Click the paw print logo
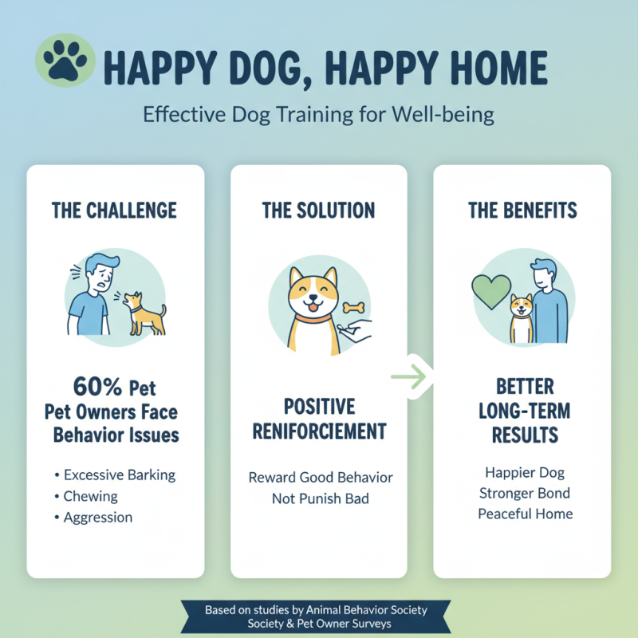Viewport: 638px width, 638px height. (x=65, y=61)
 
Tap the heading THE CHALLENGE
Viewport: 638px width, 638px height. (x=114, y=211)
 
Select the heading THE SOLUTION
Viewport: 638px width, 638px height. (x=318, y=211)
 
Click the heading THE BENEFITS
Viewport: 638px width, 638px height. (x=522, y=211)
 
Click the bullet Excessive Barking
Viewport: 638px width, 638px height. (x=119, y=475)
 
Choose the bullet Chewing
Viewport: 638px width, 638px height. (x=90, y=496)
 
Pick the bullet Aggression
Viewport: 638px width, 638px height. (x=98, y=517)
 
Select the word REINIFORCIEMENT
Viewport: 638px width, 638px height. (x=319, y=431)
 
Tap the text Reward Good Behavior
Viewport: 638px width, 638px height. (x=320, y=478)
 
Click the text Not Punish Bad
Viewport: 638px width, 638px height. (x=319, y=499)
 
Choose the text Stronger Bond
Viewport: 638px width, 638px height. (x=525, y=493)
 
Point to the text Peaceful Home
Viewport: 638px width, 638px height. (x=525, y=514)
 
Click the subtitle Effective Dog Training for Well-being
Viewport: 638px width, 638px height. (x=319, y=114)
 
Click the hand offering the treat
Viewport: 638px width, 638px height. (x=360, y=328)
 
